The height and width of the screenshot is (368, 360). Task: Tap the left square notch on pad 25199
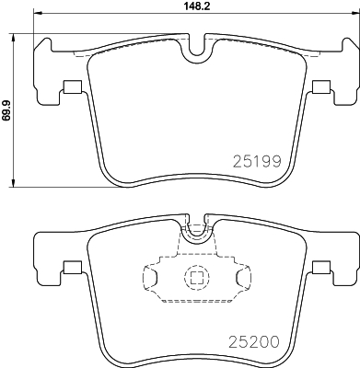[70, 88]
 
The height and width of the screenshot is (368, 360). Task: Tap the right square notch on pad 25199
[320, 88]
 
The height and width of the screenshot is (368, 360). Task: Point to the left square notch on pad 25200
[70, 269]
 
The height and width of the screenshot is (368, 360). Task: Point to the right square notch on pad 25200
[320, 269]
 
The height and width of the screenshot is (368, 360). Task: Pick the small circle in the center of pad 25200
[195, 276]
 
